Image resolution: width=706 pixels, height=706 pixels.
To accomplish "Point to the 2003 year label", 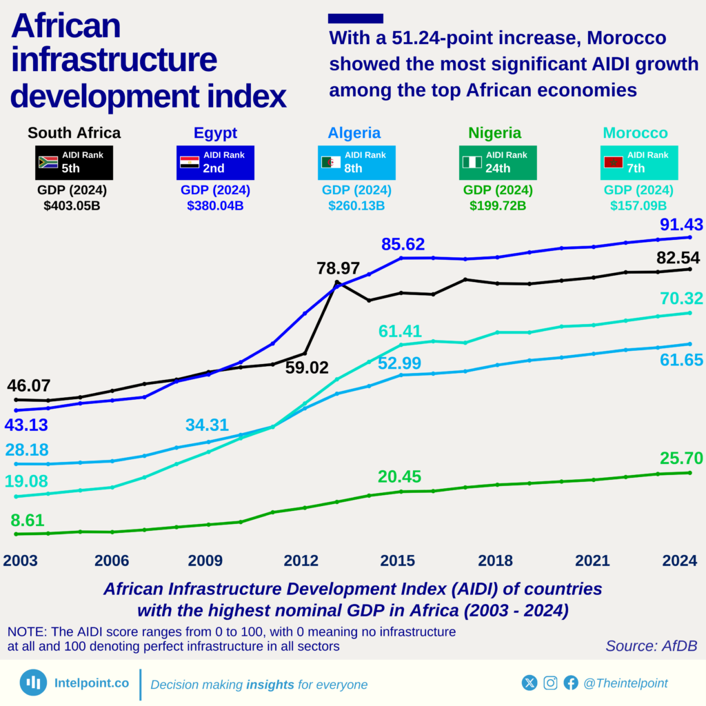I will point(21,561).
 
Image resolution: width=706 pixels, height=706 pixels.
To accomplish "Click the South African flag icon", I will point(48,163).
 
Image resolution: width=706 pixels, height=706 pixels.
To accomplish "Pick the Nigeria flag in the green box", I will point(472,163).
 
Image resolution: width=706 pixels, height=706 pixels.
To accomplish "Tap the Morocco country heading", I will point(635,133).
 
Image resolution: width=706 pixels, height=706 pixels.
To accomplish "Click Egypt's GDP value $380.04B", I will point(215,205).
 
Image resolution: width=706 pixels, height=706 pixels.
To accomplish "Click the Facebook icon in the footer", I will point(570,683).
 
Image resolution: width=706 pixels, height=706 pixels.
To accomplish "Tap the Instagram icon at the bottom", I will point(550,683).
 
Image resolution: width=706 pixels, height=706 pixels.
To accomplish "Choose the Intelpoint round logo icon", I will point(33,683).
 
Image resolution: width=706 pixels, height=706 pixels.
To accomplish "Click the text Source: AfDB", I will point(651,646).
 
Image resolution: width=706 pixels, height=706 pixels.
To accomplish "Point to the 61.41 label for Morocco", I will point(400,332).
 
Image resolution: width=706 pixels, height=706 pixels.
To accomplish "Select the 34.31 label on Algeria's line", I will point(206,425).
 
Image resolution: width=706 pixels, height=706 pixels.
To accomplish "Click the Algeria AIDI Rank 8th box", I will point(356,163).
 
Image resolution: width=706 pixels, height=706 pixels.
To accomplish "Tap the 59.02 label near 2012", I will point(307,367).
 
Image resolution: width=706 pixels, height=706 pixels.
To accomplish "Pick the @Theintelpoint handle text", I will point(625,683).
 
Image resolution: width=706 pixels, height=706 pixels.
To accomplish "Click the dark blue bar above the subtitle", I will point(355,19).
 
